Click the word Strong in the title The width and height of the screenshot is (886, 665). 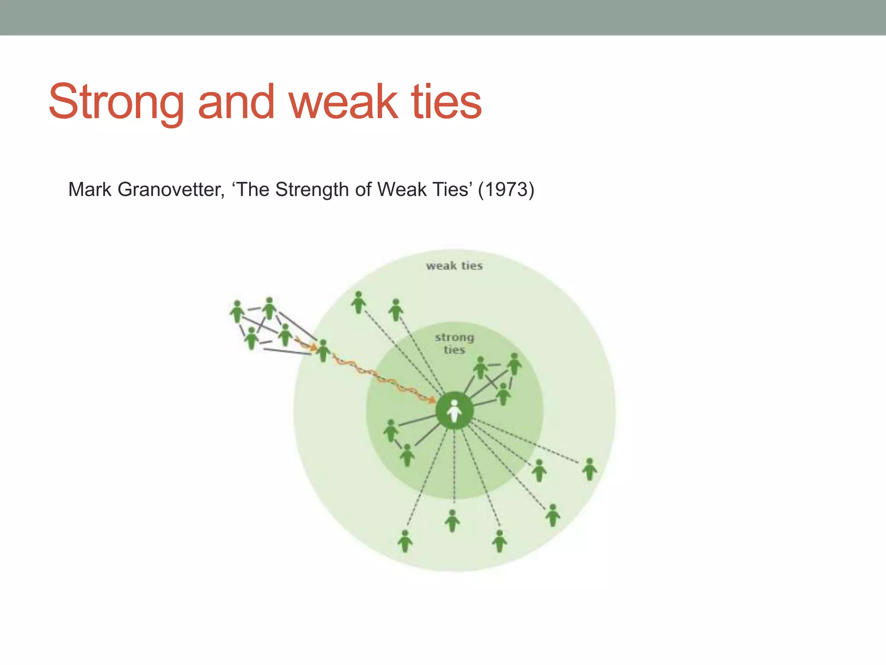(x=116, y=102)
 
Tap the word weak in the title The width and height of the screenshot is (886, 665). (x=343, y=102)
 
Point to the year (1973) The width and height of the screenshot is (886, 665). (x=506, y=190)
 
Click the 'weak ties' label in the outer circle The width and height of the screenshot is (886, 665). (x=454, y=266)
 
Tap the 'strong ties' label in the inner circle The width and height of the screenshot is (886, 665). (x=454, y=343)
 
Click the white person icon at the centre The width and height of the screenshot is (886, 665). (x=454, y=410)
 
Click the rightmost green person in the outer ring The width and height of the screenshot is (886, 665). (x=589, y=469)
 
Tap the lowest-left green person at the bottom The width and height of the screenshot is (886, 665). (x=405, y=541)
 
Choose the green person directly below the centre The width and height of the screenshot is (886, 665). (x=452, y=521)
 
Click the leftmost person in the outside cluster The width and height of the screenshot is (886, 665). (x=237, y=311)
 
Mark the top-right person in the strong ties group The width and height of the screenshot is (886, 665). (x=514, y=364)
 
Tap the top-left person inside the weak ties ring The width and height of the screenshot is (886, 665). (x=358, y=302)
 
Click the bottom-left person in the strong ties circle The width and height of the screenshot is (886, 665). (x=407, y=455)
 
